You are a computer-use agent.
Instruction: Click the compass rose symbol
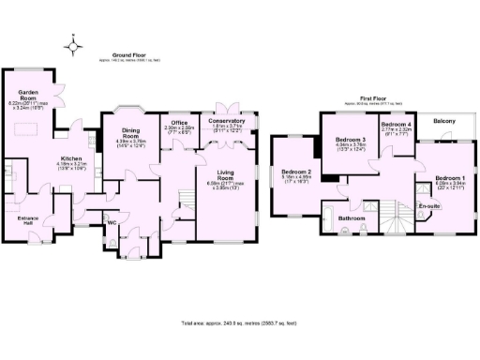72,43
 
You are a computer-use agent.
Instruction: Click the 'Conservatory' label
227,121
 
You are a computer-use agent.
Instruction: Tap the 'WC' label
112,223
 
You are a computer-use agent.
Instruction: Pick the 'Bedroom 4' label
396,124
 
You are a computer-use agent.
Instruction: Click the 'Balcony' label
445,121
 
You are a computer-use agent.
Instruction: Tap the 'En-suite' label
429,205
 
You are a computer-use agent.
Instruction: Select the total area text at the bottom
239,323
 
